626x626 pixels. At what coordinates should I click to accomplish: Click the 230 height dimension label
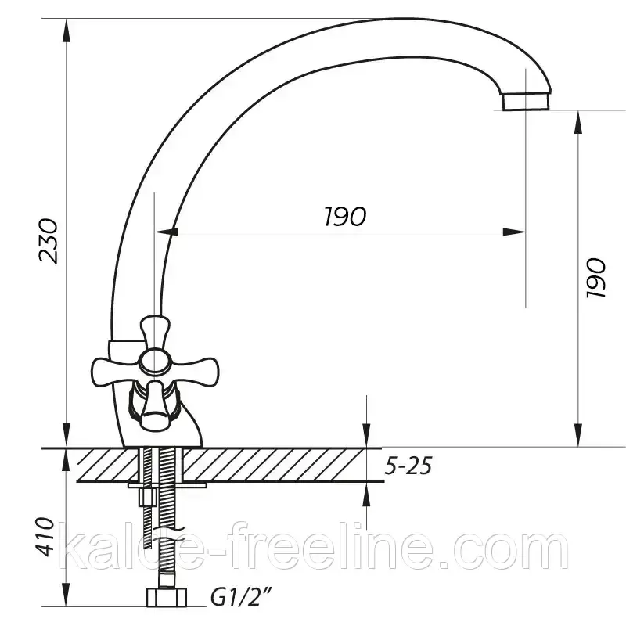click(x=49, y=241)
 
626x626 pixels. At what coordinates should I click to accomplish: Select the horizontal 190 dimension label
click(x=344, y=217)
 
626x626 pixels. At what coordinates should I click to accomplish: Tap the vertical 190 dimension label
click(x=596, y=278)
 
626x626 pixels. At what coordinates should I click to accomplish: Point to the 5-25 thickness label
click(x=408, y=466)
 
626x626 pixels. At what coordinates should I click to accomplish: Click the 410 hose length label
click(x=44, y=536)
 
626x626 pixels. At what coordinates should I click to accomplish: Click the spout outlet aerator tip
click(x=525, y=101)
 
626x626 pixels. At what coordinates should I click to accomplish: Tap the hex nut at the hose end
click(x=166, y=597)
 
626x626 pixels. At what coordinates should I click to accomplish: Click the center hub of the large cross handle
click(x=153, y=362)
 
